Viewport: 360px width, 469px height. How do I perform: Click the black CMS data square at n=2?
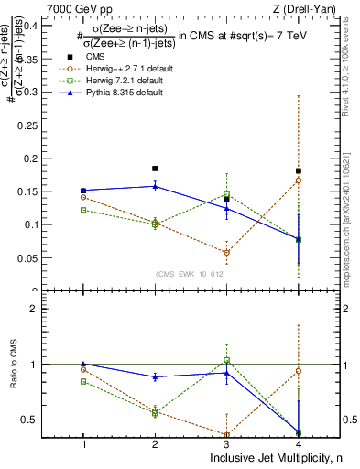[155, 169]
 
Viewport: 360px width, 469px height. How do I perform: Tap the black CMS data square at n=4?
[299, 171]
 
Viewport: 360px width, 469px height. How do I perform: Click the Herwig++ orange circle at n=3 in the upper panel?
[227, 253]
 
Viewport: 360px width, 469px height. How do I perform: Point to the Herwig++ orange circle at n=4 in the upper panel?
[299, 180]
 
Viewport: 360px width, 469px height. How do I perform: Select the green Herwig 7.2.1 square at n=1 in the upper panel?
[83, 210]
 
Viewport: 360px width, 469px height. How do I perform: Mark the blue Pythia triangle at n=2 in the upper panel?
[155, 186]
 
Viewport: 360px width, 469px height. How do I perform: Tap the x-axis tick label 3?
[227, 443]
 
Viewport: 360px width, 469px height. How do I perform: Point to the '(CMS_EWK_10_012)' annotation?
[191, 273]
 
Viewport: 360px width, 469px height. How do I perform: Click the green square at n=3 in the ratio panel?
[227, 360]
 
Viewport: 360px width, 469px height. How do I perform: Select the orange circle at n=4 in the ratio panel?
[299, 371]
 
